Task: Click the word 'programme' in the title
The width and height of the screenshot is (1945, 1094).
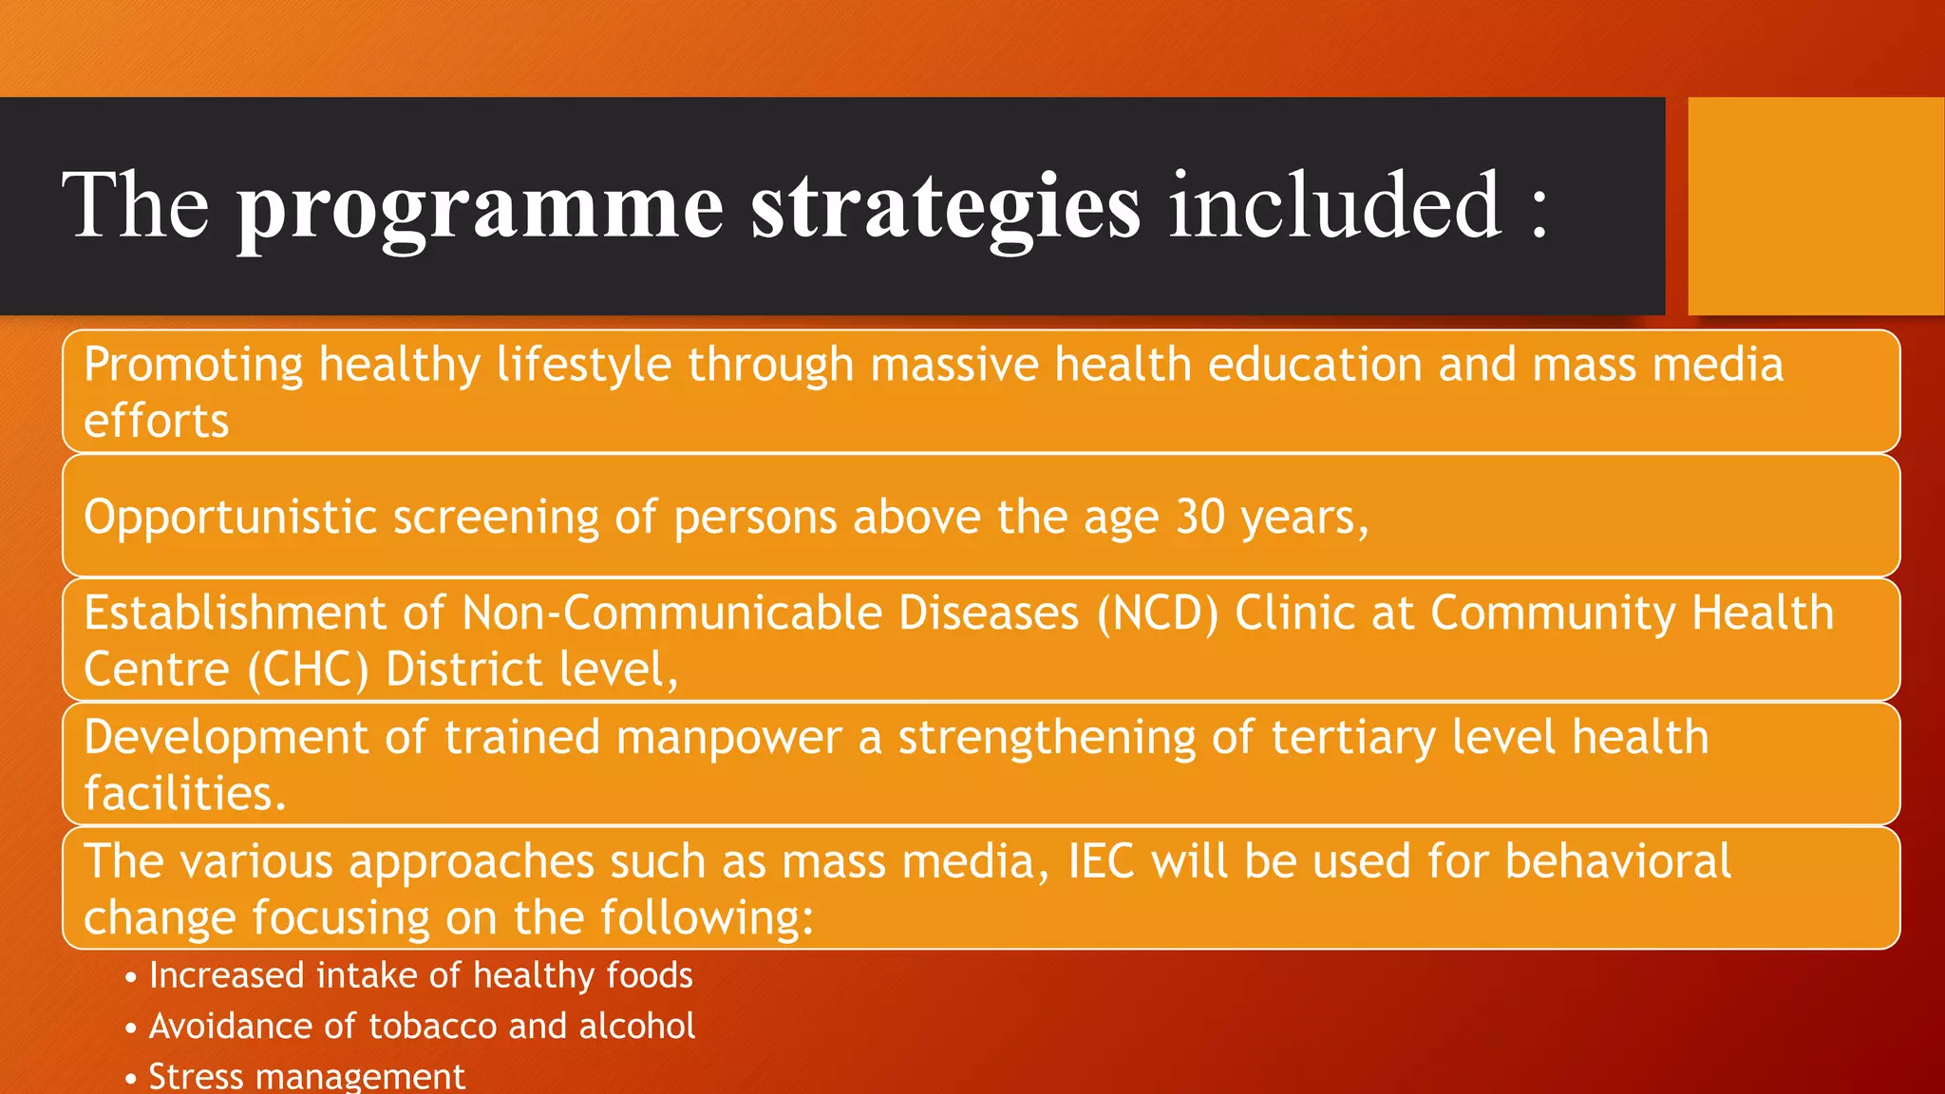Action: [x=480, y=208]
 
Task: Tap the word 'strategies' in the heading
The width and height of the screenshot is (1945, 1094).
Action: [x=945, y=208]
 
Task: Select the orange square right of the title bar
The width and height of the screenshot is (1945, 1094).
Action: [x=1815, y=206]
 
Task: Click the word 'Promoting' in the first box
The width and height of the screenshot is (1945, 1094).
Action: [x=194, y=366]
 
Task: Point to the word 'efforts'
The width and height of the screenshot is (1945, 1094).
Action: [x=157, y=422]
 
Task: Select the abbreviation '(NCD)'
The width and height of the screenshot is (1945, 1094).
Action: [x=1158, y=613]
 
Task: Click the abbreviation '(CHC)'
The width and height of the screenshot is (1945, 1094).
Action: [x=308, y=670]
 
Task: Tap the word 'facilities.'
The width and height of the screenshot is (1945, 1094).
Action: [x=185, y=794]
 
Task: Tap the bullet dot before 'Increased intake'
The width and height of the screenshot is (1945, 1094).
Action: [x=131, y=977]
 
